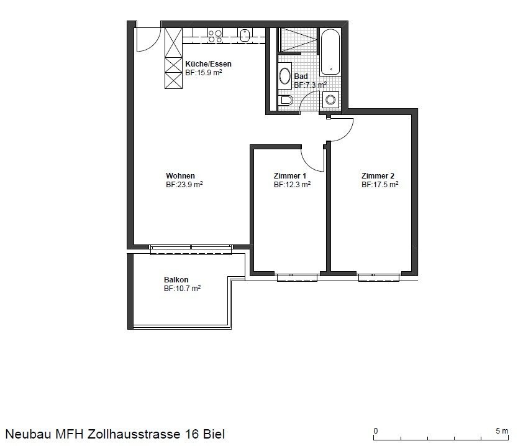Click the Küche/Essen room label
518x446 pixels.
click(x=208, y=64)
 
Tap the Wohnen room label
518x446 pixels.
click(x=180, y=175)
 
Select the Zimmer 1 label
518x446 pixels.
click(x=289, y=175)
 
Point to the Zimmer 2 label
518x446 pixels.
click(x=378, y=175)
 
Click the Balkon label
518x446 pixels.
click(x=176, y=279)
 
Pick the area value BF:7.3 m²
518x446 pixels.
click(x=310, y=85)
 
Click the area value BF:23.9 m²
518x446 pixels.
click(x=184, y=185)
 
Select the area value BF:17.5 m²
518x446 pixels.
click(x=379, y=185)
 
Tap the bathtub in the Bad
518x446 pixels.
click(x=330, y=52)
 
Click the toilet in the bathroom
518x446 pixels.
click(x=286, y=100)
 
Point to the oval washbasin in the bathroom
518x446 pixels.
click(x=284, y=76)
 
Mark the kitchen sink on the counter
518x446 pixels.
click(x=245, y=35)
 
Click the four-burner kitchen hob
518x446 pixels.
click(x=215, y=35)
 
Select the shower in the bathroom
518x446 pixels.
click(x=298, y=40)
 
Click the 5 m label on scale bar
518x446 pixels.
click(x=502, y=431)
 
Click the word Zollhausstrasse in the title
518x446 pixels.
click(x=134, y=434)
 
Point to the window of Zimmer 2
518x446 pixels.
click(x=379, y=277)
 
